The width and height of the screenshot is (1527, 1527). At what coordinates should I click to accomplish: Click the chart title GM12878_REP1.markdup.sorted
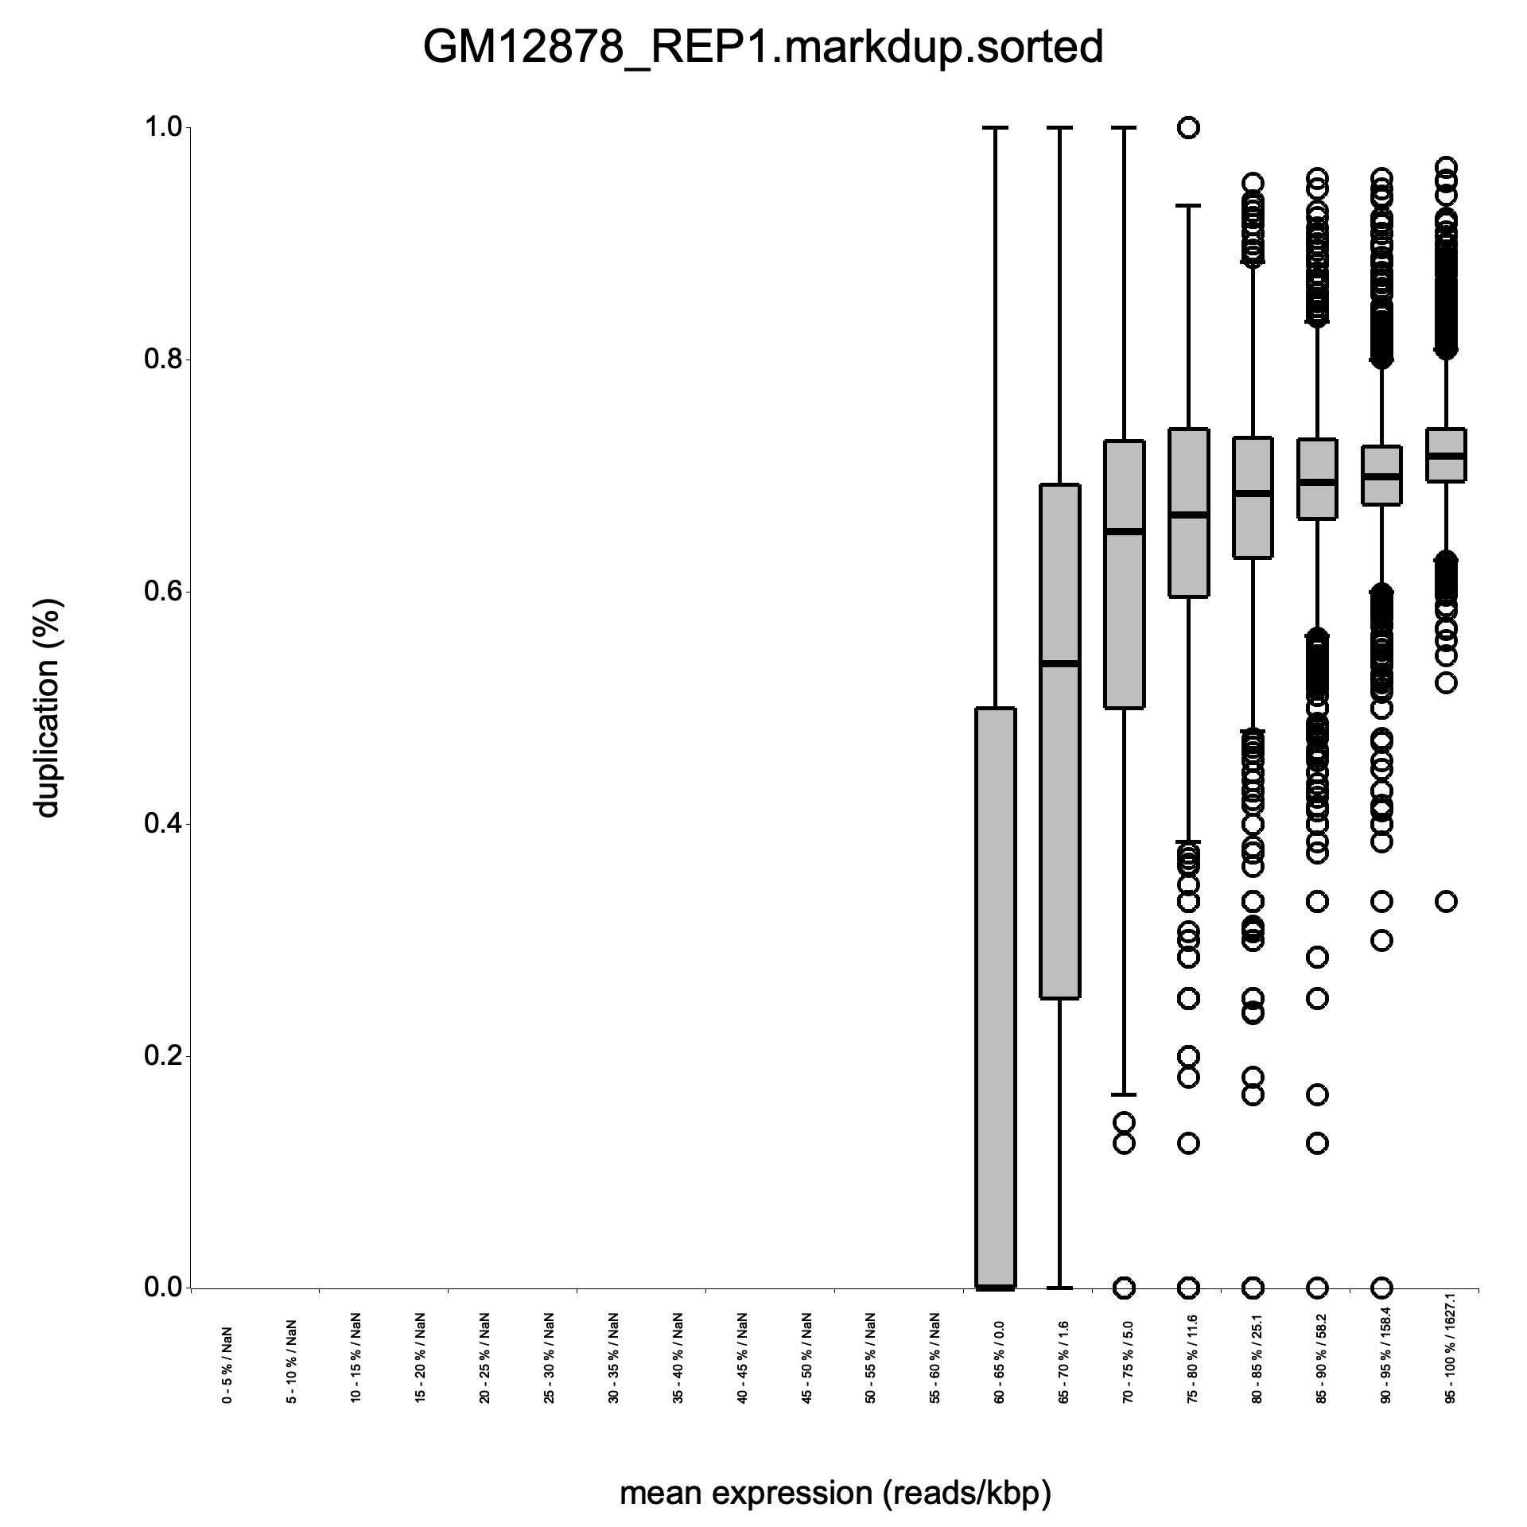[x=763, y=48]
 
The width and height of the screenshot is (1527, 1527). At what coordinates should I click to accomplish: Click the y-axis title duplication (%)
[x=48, y=708]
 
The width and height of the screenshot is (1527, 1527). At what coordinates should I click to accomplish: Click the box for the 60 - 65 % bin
[x=996, y=994]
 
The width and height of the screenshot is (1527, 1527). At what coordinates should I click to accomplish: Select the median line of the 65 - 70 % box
[x=1060, y=663]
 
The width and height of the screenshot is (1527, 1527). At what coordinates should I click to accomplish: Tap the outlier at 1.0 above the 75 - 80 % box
[x=1189, y=127]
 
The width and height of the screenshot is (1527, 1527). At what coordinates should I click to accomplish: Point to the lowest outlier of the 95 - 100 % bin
[x=1447, y=901]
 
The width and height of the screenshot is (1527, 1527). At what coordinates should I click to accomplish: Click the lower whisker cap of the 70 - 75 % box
[x=1124, y=1094]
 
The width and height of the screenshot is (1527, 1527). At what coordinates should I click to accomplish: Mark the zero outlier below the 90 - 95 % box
[x=1382, y=1287]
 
